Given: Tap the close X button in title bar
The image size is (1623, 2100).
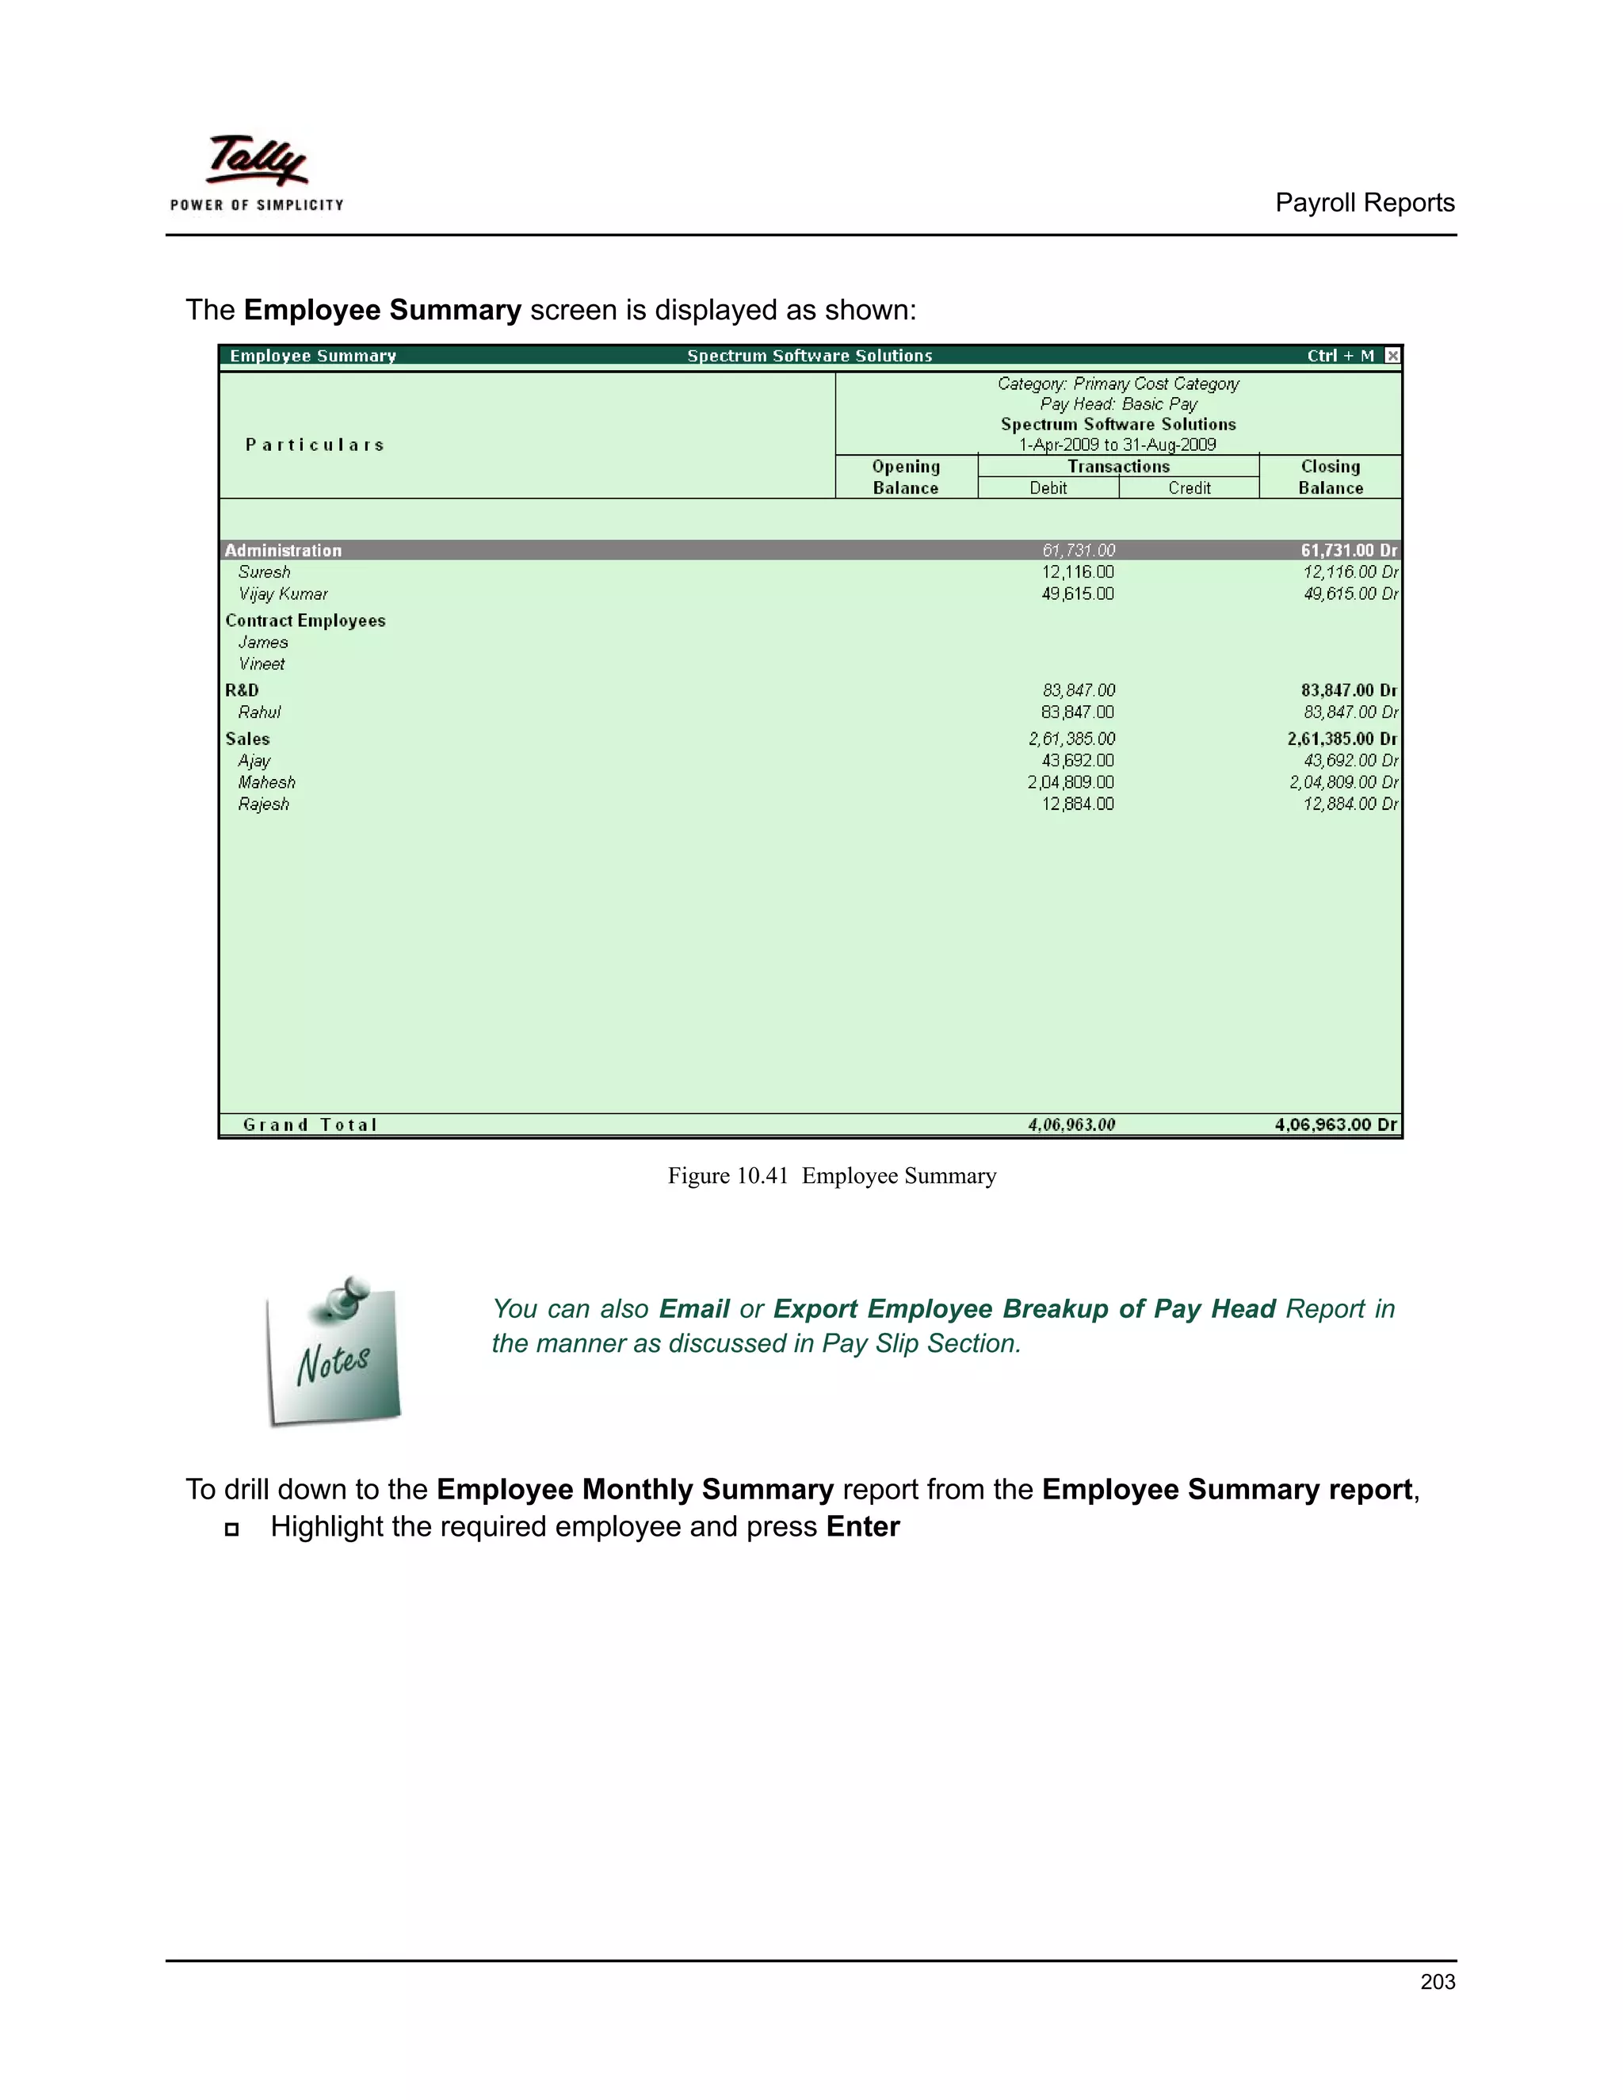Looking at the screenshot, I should tap(1392, 356).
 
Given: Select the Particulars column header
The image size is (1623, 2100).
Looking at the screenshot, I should tap(315, 445).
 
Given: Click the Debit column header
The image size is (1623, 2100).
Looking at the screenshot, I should tap(1047, 488).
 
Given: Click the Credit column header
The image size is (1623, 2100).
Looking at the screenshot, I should tap(1189, 488).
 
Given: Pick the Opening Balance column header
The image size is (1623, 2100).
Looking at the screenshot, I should tap(905, 477).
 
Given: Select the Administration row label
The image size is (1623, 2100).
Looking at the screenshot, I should tap(283, 551).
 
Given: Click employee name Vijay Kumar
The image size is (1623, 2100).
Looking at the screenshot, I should tap(283, 594).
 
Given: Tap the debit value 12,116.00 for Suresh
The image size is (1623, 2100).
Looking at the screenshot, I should tap(1077, 572).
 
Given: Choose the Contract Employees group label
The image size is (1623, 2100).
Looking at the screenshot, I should tap(305, 621).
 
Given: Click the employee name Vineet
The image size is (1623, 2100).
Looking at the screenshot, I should tap(261, 664).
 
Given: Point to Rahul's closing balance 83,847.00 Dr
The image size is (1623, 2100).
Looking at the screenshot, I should tap(1349, 712).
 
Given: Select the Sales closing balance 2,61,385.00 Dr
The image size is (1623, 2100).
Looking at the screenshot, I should tap(1342, 739).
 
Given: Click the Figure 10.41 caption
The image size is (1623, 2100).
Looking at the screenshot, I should tap(831, 1176).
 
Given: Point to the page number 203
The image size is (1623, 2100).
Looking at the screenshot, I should tap(1437, 1982).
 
